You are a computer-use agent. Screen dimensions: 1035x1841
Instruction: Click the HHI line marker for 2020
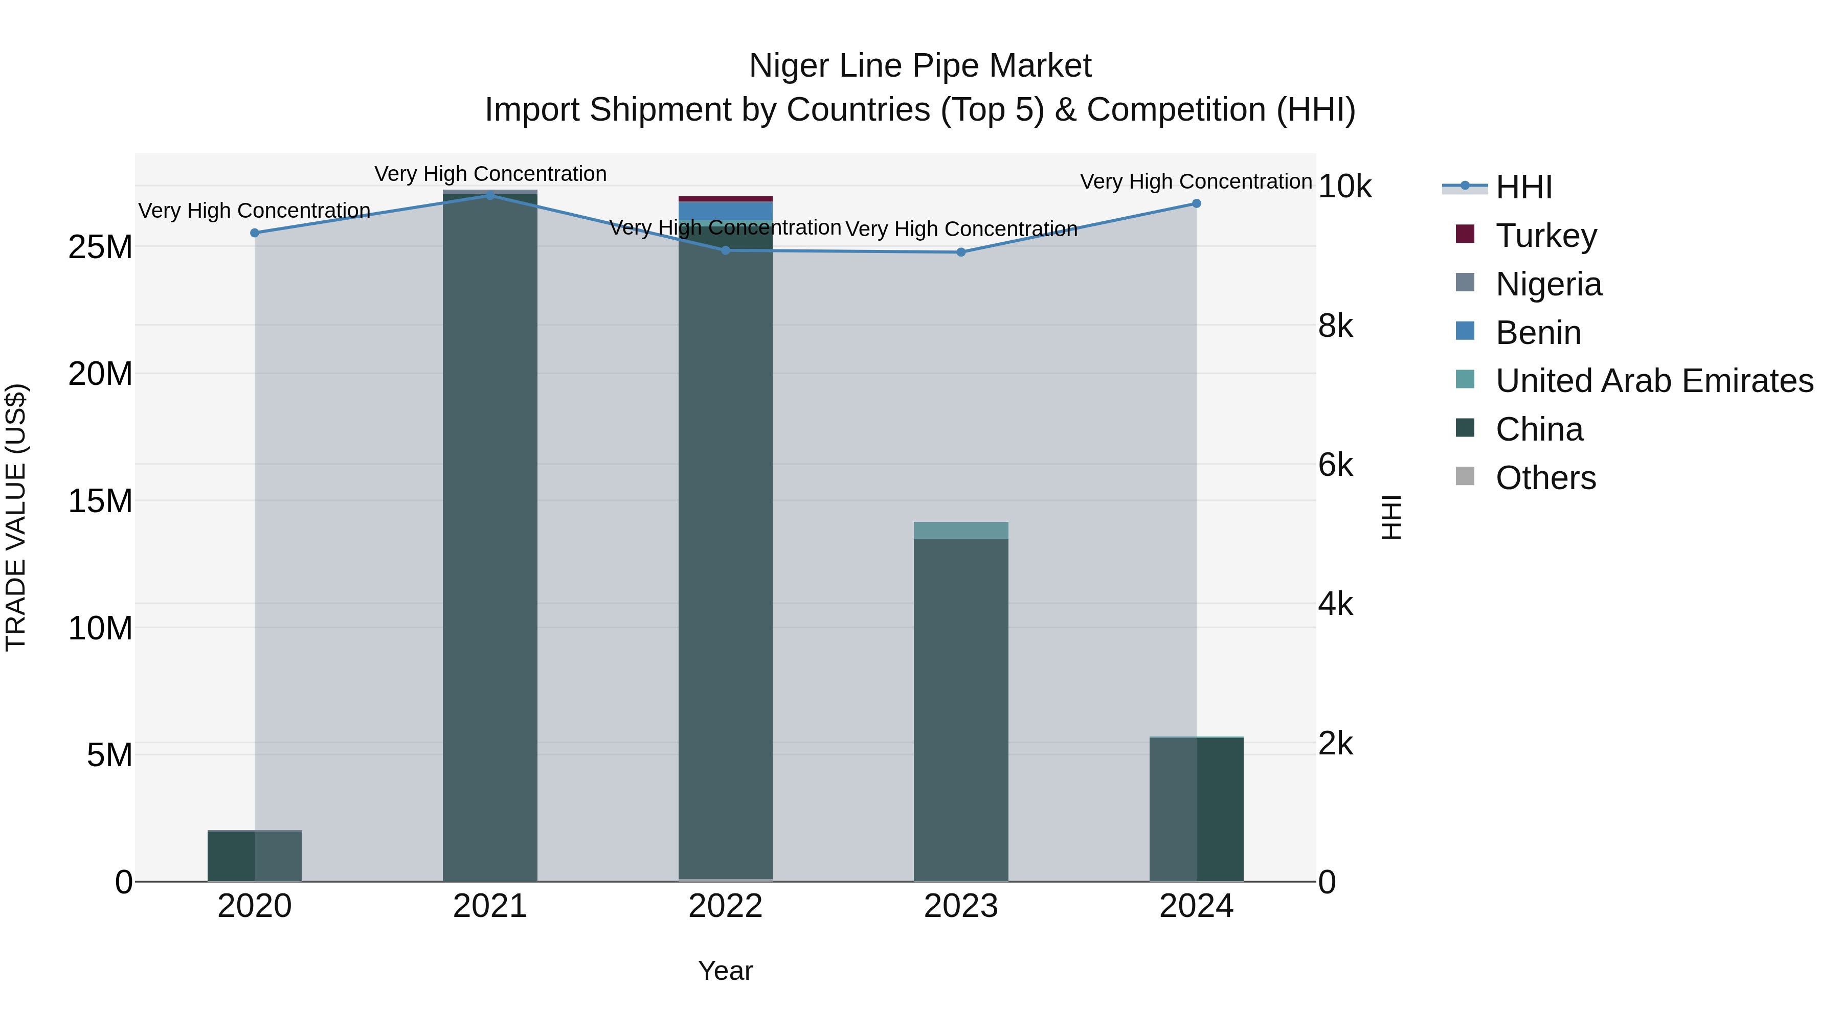(x=255, y=233)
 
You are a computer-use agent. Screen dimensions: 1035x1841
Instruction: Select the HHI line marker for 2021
(x=489, y=196)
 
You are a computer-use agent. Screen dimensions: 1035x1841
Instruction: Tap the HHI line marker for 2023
(x=960, y=252)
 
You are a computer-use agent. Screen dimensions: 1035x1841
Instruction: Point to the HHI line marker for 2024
(x=1196, y=203)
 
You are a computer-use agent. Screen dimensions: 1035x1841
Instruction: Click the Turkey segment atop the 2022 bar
(x=725, y=199)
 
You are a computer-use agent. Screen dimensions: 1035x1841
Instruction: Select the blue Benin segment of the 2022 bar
(x=725, y=212)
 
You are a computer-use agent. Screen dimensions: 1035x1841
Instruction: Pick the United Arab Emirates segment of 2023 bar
(x=960, y=530)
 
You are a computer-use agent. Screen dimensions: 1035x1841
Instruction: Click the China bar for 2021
(x=489, y=536)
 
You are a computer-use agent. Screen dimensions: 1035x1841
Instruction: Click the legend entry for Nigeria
(x=1547, y=284)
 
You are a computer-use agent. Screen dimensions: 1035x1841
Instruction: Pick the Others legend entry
(x=1544, y=478)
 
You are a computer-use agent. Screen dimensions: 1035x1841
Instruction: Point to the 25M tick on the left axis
(x=100, y=248)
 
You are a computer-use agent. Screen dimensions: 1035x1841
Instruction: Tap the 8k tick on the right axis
(x=1335, y=327)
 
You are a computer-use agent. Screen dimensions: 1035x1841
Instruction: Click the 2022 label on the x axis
(x=725, y=906)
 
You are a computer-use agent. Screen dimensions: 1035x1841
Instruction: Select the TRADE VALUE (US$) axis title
(x=16, y=517)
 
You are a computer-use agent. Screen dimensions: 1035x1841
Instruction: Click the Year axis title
(x=725, y=971)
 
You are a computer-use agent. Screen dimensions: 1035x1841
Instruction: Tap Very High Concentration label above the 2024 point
(x=1196, y=181)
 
